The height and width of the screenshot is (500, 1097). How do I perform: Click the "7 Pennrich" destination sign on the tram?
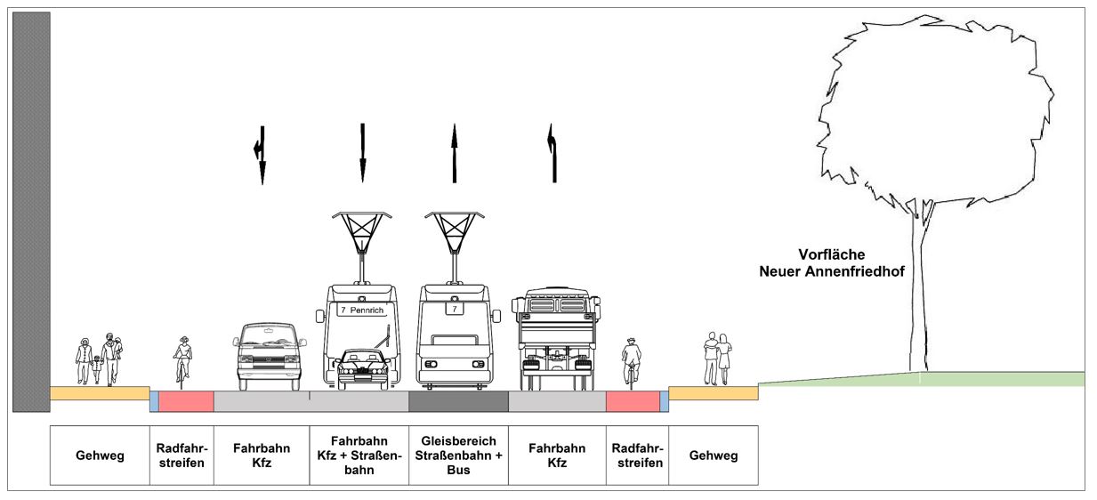coord(362,309)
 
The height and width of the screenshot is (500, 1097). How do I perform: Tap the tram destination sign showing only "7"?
coord(455,309)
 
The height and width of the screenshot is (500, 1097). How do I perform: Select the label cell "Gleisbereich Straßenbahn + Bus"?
coord(458,455)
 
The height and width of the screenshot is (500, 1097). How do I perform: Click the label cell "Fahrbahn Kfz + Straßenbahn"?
coord(359,455)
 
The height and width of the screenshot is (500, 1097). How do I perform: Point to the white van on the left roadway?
coord(269,357)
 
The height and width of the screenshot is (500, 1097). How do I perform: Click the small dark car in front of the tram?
coord(362,368)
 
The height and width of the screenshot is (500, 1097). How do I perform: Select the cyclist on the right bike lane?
coord(632,361)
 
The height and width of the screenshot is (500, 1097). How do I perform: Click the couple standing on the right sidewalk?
coord(717,359)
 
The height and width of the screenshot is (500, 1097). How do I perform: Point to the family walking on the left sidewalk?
coord(99,359)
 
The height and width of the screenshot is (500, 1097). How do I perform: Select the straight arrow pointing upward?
coord(455,153)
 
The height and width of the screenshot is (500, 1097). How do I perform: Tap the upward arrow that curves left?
coord(553,153)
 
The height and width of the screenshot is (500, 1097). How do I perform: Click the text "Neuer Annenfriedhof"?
coord(832,270)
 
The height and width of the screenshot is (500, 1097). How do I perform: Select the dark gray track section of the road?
coord(458,401)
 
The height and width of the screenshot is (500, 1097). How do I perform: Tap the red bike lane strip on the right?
coord(632,401)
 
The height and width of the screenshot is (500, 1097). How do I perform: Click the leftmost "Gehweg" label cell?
coord(99,456)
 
